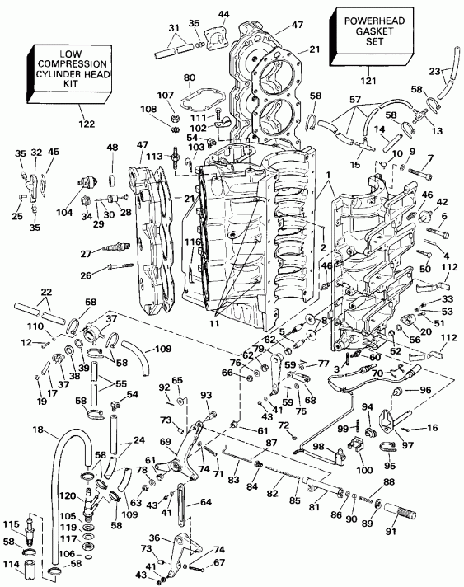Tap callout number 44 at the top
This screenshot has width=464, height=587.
pyautogui.click(x=202, y=14)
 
